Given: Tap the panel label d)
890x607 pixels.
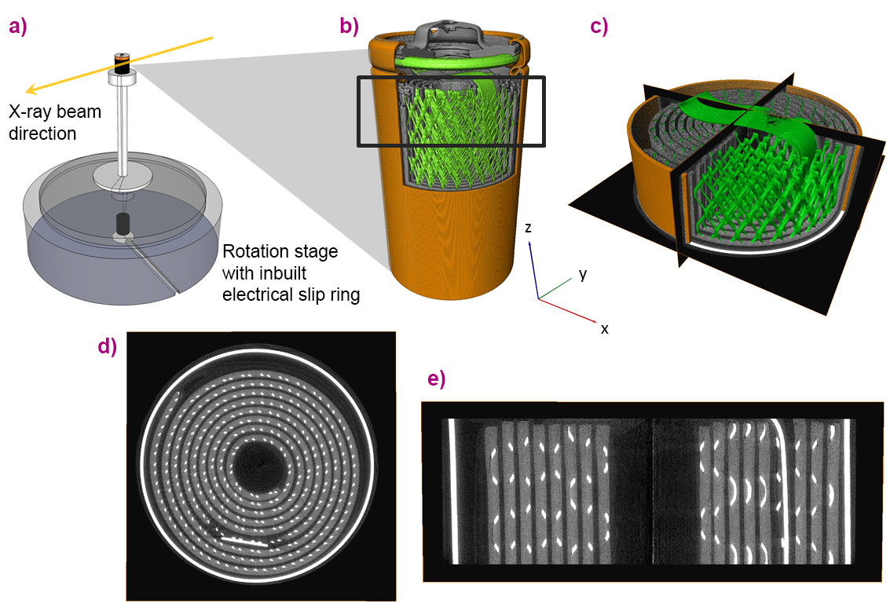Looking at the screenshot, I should pyautogui.click(x=107, y=346).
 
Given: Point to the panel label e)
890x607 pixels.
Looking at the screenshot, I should pyautogui.click(x=434, y=379).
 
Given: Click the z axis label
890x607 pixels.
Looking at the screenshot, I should pyautogui.click(x=529, y=228).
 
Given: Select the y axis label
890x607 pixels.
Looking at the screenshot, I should pyautogui.click(x=582, y=273).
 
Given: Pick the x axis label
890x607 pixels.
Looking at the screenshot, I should pyautogui.click(x=604, y=328).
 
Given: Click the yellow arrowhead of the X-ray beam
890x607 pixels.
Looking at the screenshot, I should pyautogui.click(x=31, y=90).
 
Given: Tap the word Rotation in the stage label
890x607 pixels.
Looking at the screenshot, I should pyautogui.click(x=251, y=253).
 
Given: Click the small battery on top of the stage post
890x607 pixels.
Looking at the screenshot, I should pyautogui.click(x=121, y=63).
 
